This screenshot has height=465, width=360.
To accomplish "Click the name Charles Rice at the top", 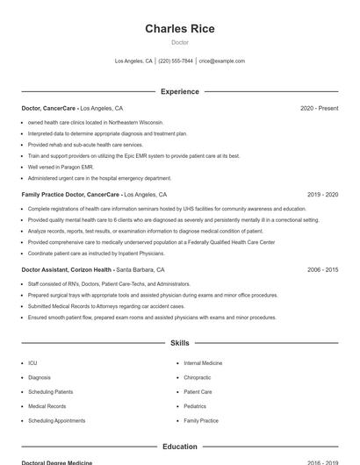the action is click(179, 29).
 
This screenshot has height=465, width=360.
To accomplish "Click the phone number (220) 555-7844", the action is click(176, 61).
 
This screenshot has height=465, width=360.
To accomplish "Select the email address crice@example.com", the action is click(222, 61).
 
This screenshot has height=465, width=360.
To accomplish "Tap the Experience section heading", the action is click(179, 91).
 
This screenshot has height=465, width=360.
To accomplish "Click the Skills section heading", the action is click(179, 343).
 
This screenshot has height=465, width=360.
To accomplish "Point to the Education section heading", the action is click(179, 447).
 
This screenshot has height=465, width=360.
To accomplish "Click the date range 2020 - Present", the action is click(319, 108).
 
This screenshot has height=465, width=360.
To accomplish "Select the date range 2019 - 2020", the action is click(322, 194).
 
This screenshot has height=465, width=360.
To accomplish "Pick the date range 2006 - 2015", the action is click(322, 270).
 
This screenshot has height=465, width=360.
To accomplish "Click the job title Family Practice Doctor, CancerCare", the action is click(70, 194).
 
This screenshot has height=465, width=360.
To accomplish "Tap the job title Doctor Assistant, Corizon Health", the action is click(66, 270).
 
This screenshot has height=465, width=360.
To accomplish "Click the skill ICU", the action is click(32, 362).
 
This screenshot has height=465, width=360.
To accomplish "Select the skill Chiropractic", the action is click(198, 377).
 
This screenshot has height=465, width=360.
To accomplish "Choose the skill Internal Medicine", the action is click(203, 362).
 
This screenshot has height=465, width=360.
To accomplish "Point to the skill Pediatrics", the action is click(195, 406).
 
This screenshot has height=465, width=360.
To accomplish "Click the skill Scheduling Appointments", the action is click(57, 421).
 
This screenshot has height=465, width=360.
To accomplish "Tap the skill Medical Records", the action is click(47, 406).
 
